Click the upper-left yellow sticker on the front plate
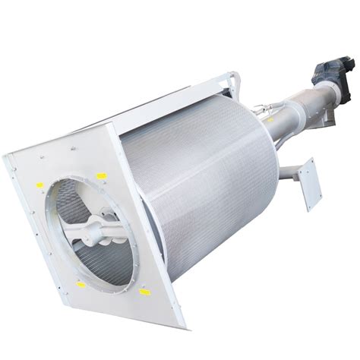[x=39, y=185]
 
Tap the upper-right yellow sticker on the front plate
[x=102, y=176]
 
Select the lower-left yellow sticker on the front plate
[x=81, y=285]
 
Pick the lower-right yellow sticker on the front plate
[x=144, y=292]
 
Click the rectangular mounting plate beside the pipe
[x=308, y=183]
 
